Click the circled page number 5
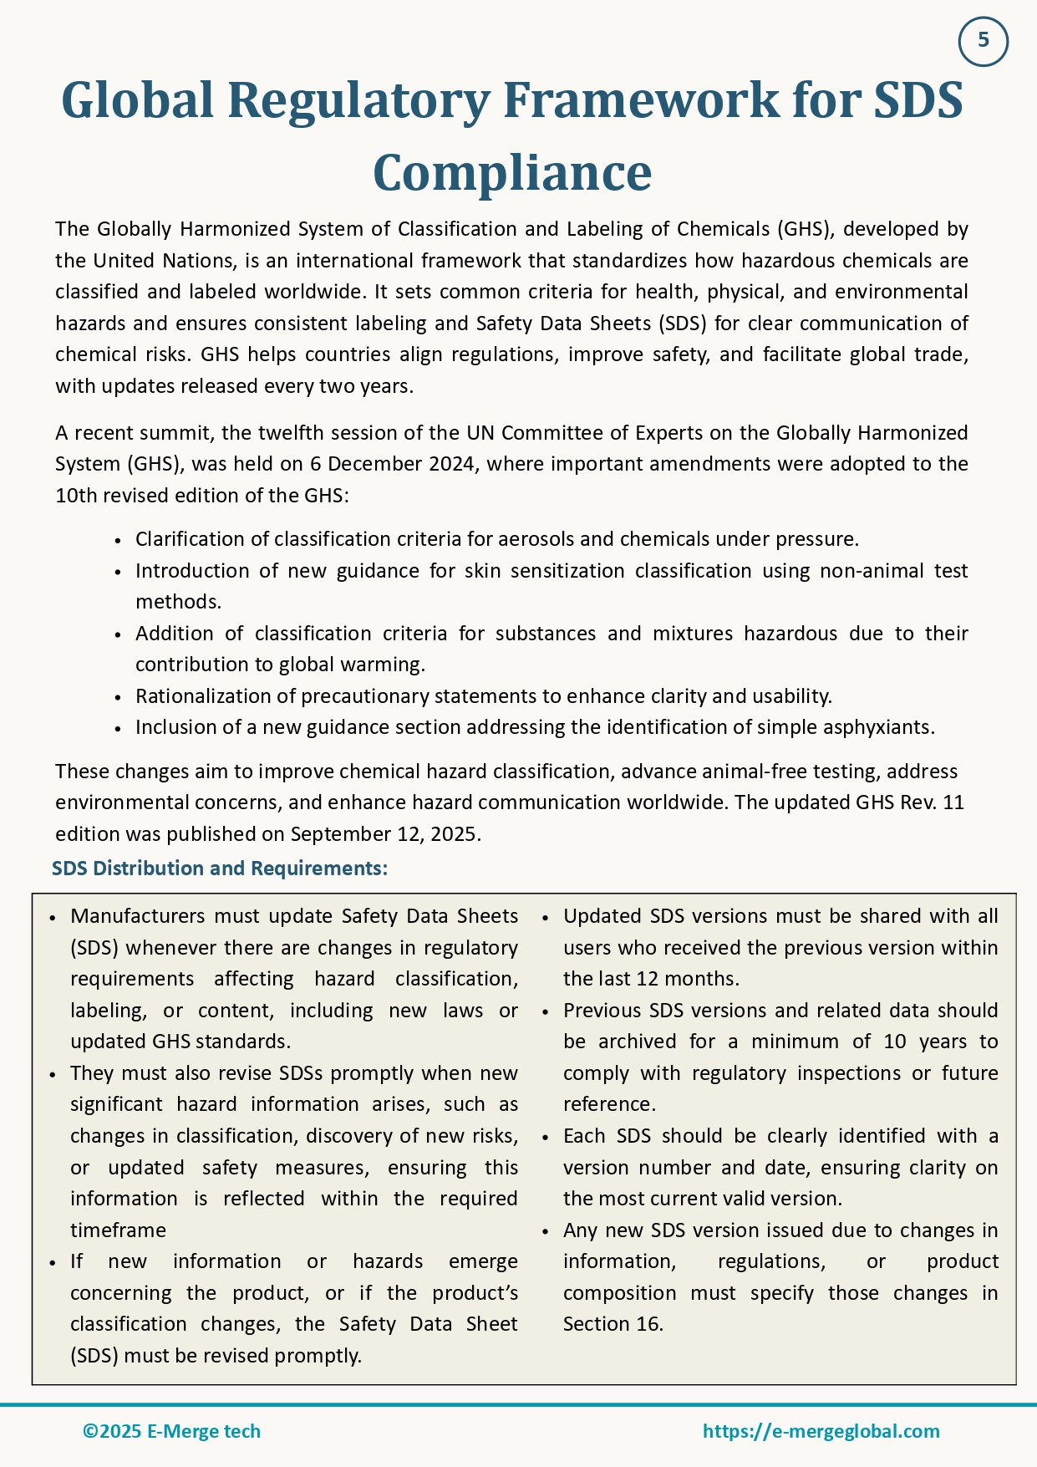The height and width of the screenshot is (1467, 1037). pyautogui.click(x=983, y=41)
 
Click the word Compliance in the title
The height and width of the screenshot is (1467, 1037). pyautogui.click(x=511, y=173)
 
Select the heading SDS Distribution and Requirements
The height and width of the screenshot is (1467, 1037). pyautogui.click(x=220, y=868)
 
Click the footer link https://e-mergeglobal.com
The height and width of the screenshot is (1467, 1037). pyautogui.click(x=821, y=1431)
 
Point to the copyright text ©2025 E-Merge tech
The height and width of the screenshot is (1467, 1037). pyautogui.click(x=171, y=1431)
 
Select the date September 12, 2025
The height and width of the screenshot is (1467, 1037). pyautogui.click(x=384, y=834)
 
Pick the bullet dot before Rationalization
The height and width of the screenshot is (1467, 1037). pyautogui.click(x=119, y=697)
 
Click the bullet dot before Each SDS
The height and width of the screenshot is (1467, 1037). pyautogui.click(x=546, y=1138)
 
